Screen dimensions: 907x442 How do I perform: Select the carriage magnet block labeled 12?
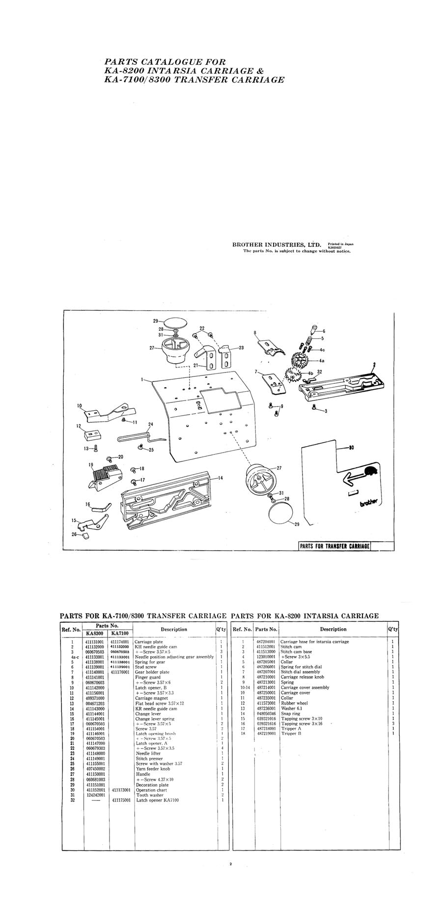click(92, 433)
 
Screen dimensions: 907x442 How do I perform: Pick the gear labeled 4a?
click(299, 362)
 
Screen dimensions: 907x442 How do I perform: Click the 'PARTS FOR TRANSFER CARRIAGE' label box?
click(334, 546)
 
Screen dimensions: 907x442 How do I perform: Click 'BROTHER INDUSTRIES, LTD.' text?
click(276, 244)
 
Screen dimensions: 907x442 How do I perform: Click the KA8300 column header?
click(95, 633)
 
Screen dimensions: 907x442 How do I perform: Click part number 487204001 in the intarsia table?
click(266, 641)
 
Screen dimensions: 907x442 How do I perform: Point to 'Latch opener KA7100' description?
click(157, 800)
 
